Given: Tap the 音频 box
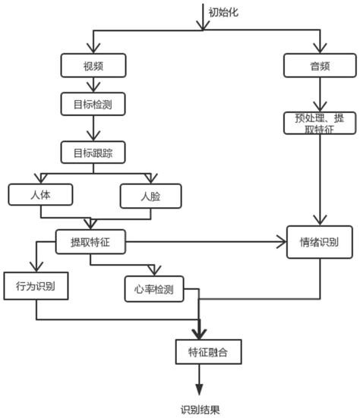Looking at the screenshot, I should tap(318, 66).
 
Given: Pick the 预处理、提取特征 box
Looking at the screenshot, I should tap(318, 123).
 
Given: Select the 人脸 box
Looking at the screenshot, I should tap(151, 196).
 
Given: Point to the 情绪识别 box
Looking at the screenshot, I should tap(319, 242).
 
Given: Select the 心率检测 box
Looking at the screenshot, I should tap(154, 289).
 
